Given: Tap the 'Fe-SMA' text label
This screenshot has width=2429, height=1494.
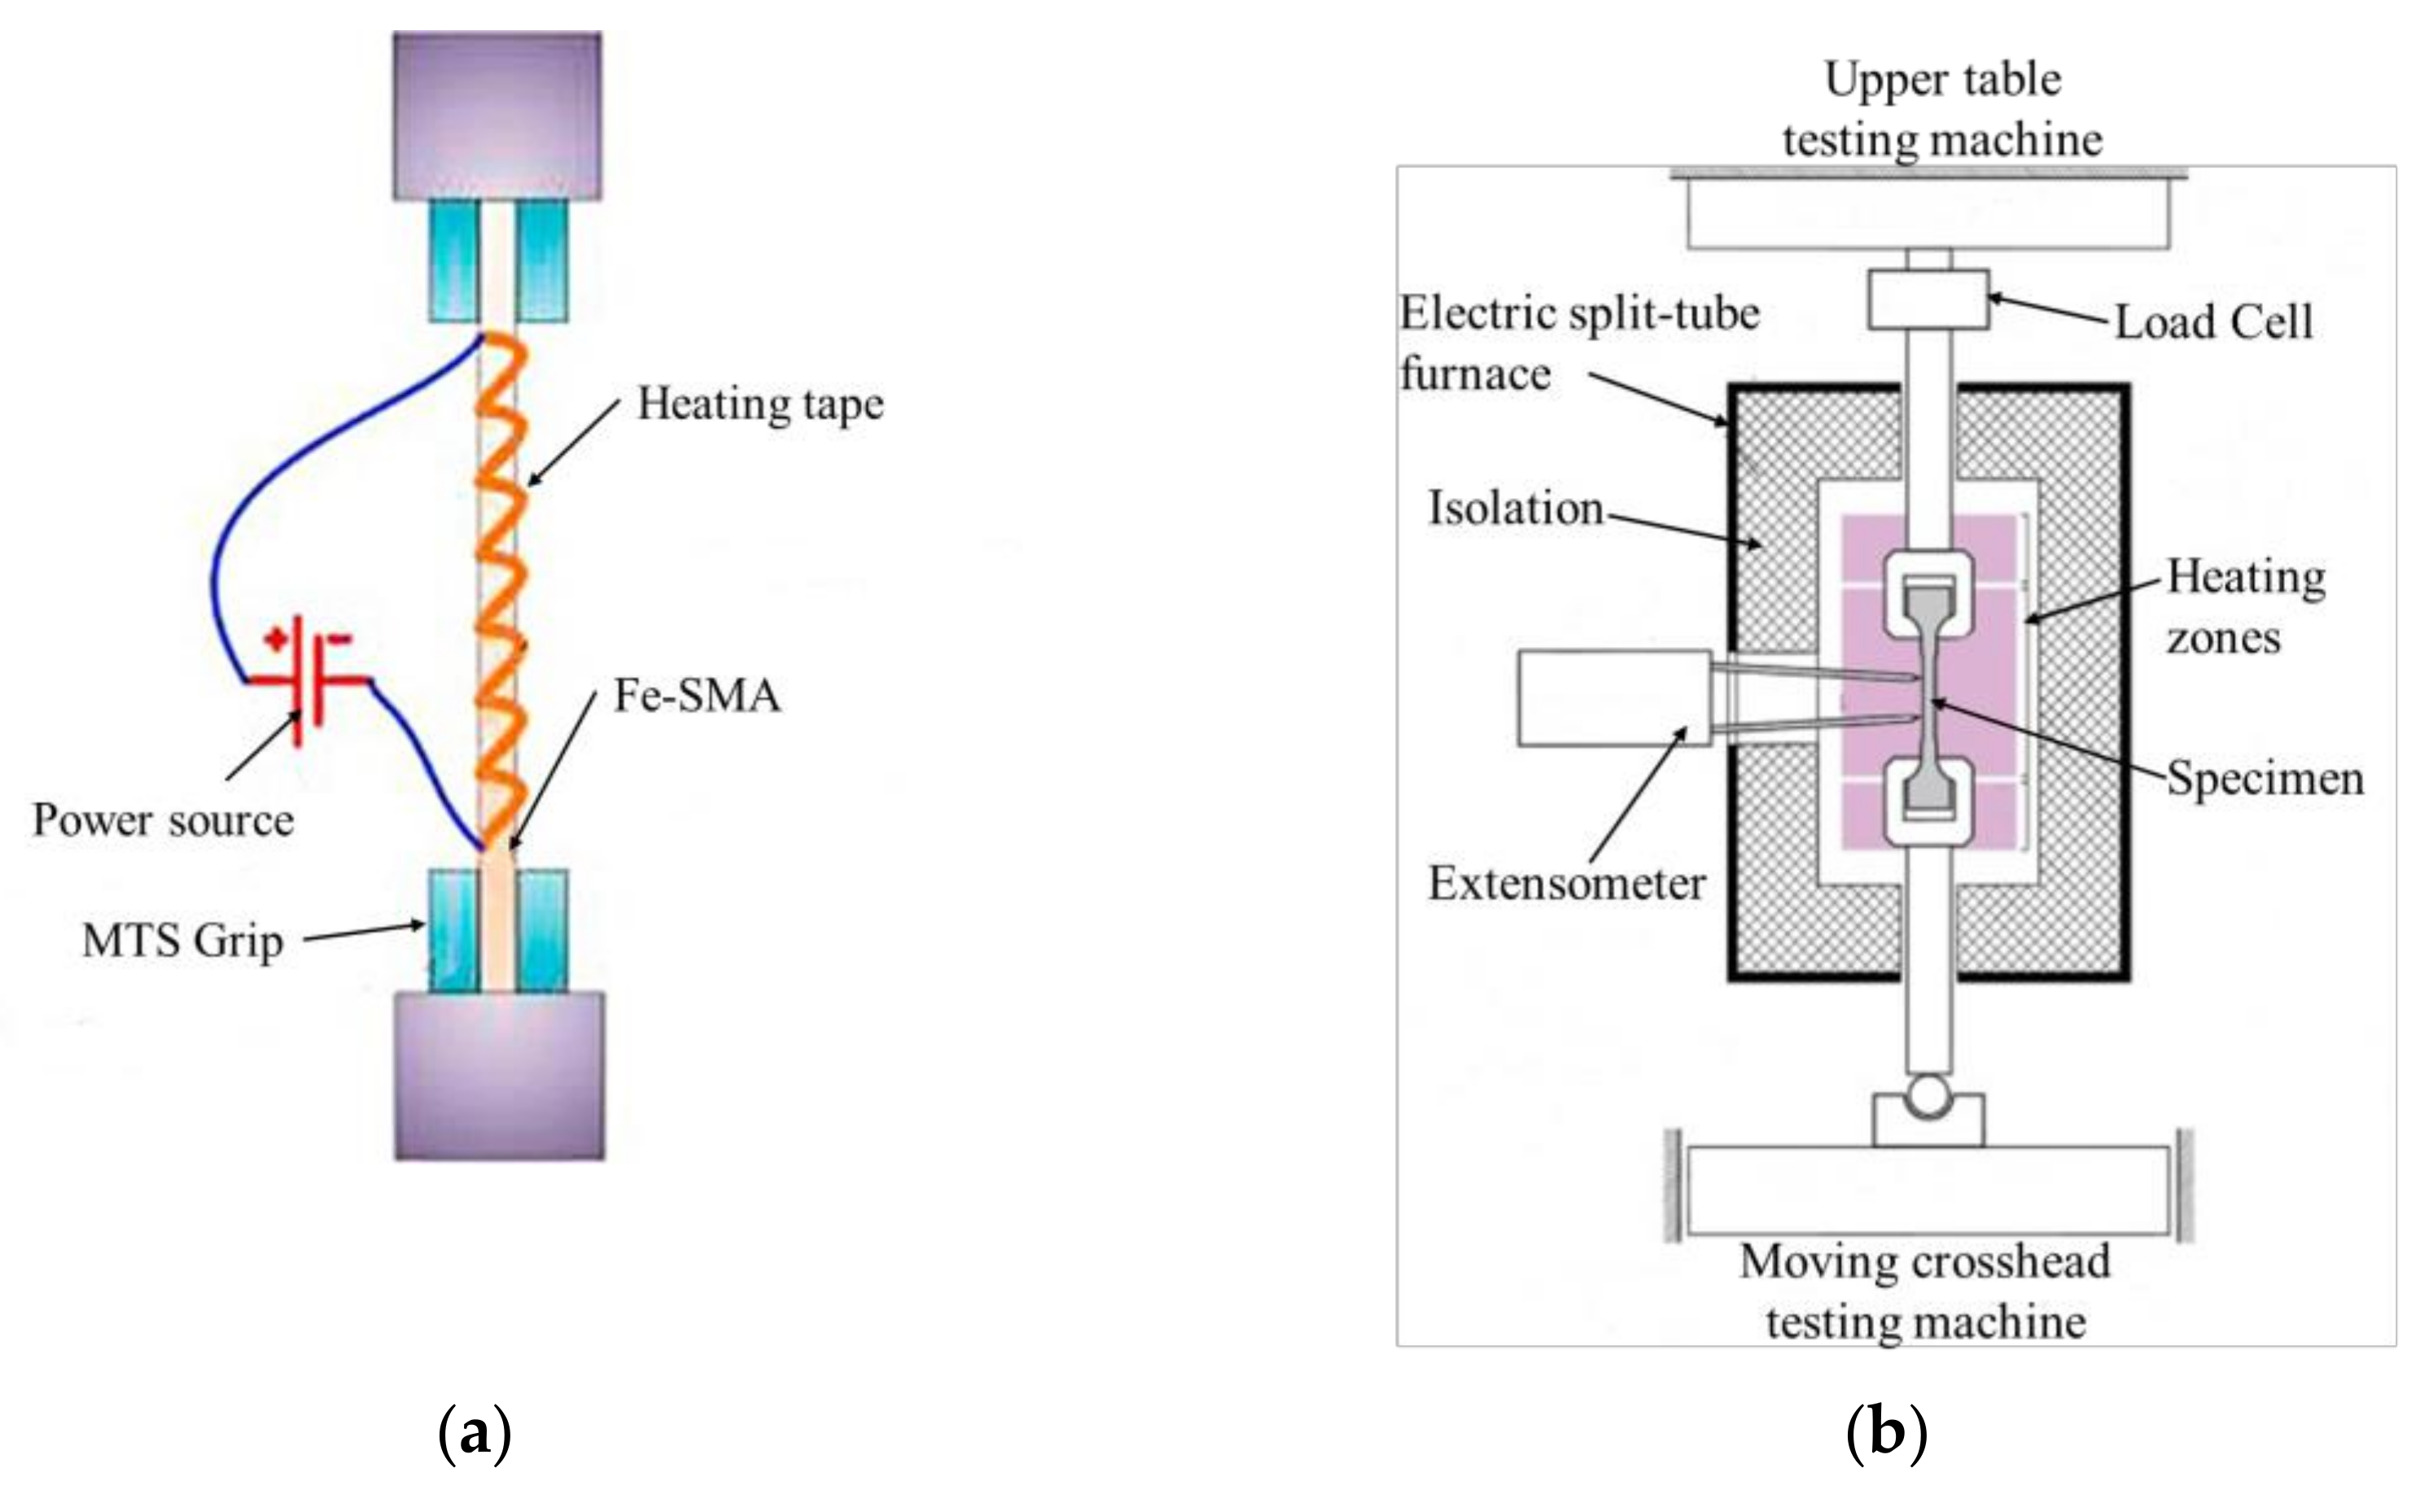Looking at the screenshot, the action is click(x=698, y=696).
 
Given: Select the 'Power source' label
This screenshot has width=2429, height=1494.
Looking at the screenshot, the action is click(x=163, y=821).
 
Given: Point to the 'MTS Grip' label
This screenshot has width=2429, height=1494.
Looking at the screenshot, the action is click(x=183, y=941).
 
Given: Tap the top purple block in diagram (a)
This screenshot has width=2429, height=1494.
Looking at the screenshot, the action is click(x=497, y=116).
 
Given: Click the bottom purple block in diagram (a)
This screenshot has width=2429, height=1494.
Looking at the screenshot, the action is click(x=500, y=1075).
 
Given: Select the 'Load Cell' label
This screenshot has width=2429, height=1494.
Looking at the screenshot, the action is click(x=2213, y=322).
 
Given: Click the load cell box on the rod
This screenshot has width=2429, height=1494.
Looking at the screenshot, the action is click(x=1928, y=299).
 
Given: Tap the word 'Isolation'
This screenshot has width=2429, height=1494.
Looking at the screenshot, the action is click(x=1515, y=509).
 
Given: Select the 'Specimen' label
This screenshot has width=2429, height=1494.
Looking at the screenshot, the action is click(x=2265, y=780).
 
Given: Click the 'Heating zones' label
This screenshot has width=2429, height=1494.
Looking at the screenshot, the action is click(x=2245, y=608).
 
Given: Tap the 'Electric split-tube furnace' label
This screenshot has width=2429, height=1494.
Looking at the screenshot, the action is click(x=1579, y=344).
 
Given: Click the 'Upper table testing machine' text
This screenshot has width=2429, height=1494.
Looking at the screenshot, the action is click(x=1943, y=110).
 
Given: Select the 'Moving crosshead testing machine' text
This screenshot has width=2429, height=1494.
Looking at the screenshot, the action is click(x=1925, y=1291).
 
